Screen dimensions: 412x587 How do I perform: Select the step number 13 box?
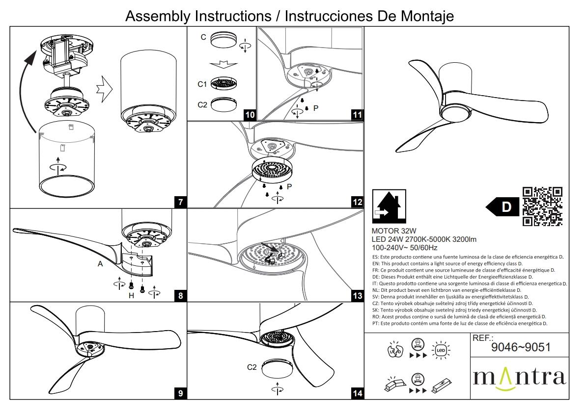coord(358,296)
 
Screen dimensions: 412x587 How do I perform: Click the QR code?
coord(542,206)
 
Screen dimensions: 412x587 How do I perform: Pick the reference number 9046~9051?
coord(520,347)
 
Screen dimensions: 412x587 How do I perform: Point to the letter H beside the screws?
coord(131,295)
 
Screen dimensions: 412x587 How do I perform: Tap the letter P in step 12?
coord(290,187)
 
